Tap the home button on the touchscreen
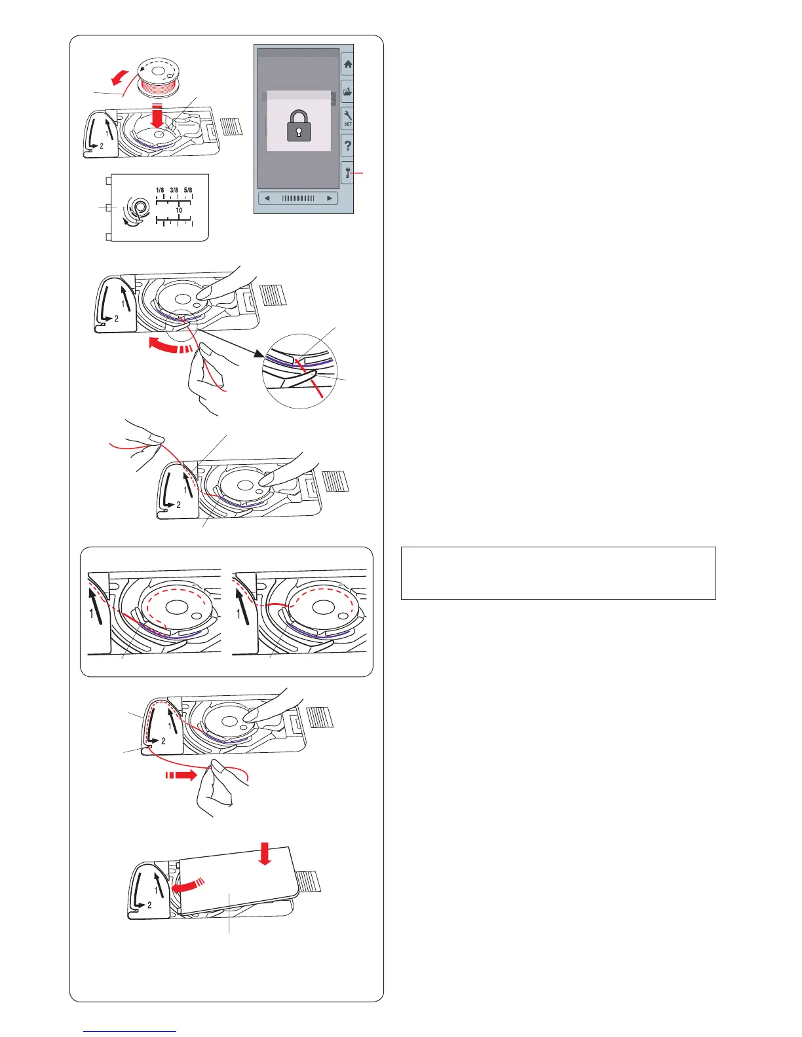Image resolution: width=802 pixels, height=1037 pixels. pyautogui.click(x=347, y=65)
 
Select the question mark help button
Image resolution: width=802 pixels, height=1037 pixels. pyautogui.click(x=347, y=145)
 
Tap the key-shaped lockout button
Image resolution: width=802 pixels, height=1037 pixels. pyautogui.click(x=347, y=172)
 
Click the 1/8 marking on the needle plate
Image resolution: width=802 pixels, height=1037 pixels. pyautogui.click(x=160, y=191)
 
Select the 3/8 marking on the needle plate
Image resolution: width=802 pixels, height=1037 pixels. pyautogui.click(x=174, y=191)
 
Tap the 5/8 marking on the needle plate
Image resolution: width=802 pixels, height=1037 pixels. pyautogui.click(x=188, y=191)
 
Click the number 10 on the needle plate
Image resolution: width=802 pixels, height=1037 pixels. pyautogui.click(x=178, y=210)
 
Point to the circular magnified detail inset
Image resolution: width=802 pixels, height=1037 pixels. pyautogui.click(x=298, y=371)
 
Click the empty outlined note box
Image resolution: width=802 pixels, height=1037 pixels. pyautogui.click(x=558, y=573)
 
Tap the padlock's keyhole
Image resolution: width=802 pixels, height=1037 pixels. pyautogui.click(x=299, y=132)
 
